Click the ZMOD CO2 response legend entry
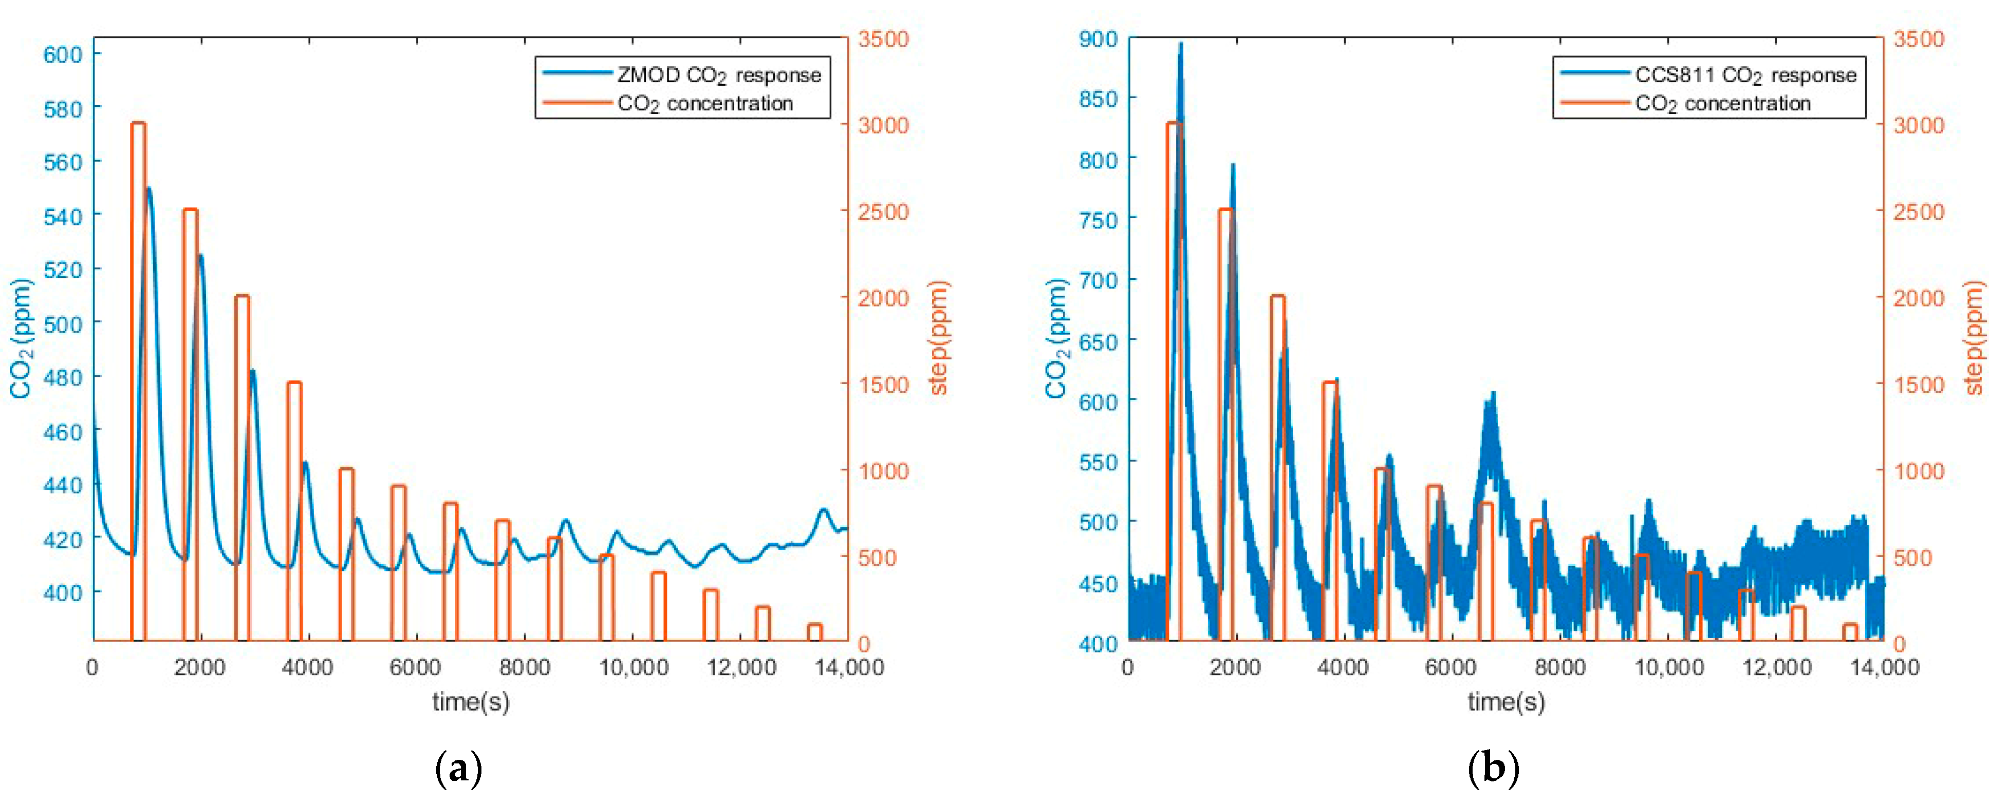coord(718,75)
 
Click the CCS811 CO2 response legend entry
coord(1745,75)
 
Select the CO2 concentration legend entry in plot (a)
coord(704,104)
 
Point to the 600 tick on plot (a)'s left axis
coord(62,54)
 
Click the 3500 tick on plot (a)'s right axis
coord(883,39)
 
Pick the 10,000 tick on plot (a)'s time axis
coord(633,668)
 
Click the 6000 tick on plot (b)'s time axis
coord(1451,668)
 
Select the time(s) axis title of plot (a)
coord(471,702)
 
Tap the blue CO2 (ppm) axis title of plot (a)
coord(22,338)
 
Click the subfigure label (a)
coord(458,769)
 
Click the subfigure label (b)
coord(1493,769)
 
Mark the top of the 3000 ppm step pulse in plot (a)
coord(139,123)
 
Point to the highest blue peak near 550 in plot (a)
coord(148,188)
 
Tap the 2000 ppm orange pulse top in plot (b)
coord(1278,297)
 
